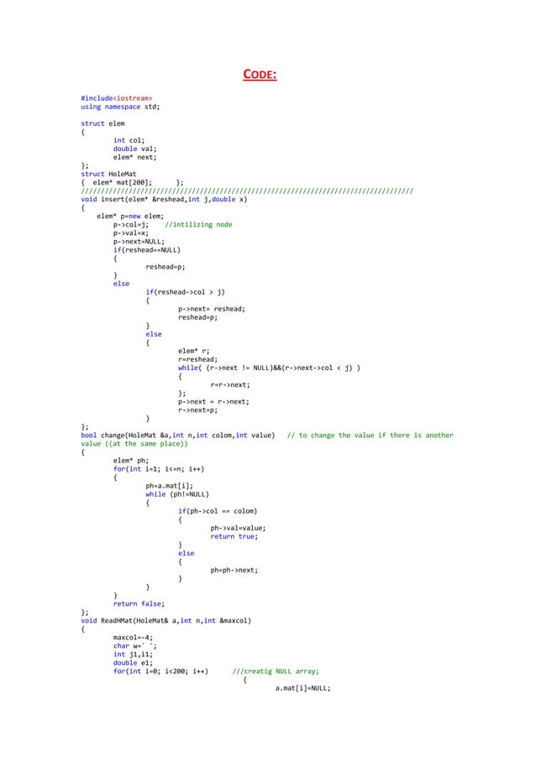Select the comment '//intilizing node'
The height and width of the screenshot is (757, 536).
[x=198, y=225]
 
